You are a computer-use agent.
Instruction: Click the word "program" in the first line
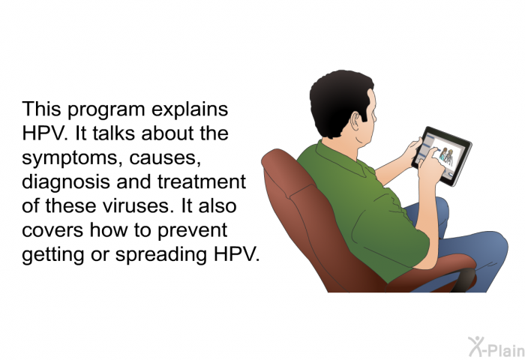(x=106, y=109)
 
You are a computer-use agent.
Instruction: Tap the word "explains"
(x=190, y=109)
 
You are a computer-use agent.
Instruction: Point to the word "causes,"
(x=166, y=158)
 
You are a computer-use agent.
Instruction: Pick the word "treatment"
(x=202, y=181)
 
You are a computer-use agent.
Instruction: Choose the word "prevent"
(x=192, y=231)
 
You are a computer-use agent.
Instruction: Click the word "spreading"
(x=161, y=254)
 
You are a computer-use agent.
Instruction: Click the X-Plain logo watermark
(x=496, y=346)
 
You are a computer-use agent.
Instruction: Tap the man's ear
(x=355, y=121)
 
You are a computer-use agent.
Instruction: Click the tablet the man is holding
(x=442, y=156)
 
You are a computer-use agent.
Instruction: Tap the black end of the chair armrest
(x=463, y=279)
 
